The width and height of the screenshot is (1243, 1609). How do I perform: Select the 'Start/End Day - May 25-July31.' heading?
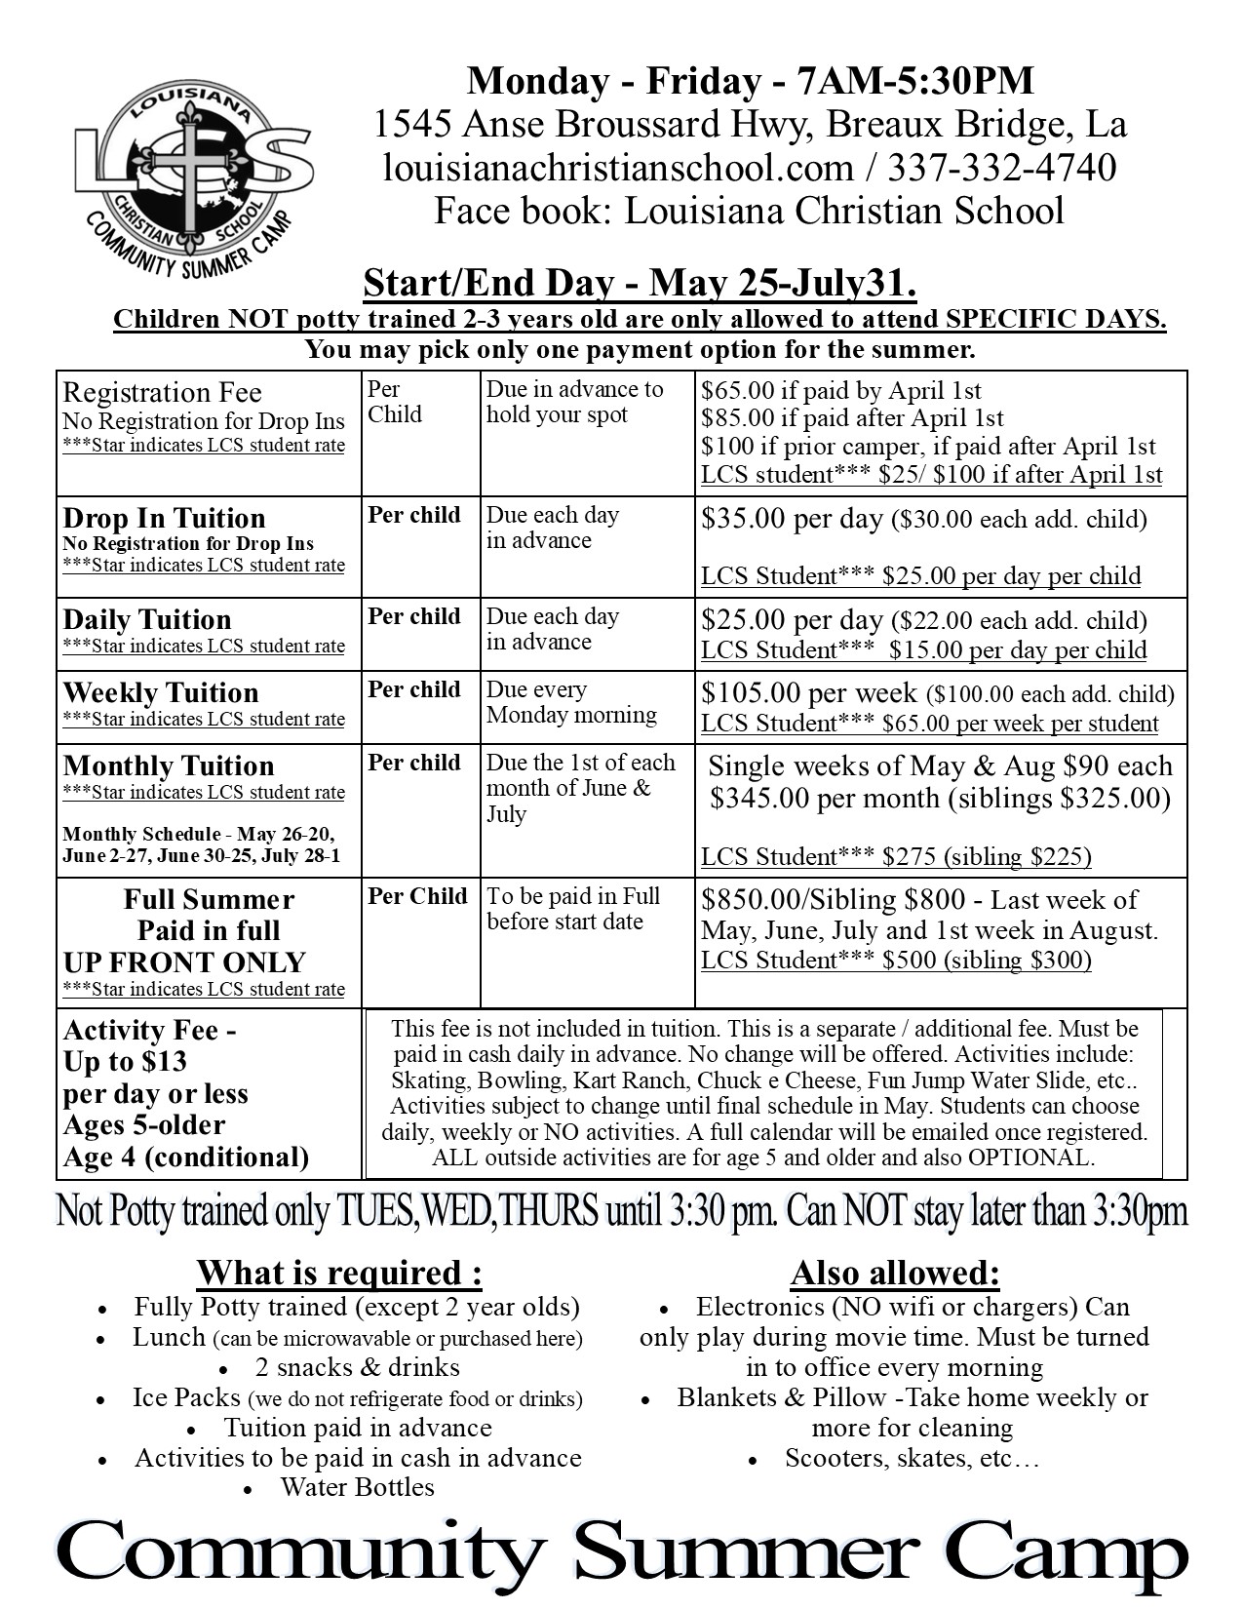point(640,284)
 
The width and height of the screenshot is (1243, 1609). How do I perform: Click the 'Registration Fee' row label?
point(162,393)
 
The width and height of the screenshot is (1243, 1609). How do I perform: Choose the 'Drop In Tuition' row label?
point(164,518)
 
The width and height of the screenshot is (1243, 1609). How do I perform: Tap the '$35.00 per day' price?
point(792,518)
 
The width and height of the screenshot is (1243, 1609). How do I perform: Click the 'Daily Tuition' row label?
point(147,620)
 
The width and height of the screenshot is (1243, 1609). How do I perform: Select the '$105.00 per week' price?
point(809,693)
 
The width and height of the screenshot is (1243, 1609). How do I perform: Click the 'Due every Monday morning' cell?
point(571,702)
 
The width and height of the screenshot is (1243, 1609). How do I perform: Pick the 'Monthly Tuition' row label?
point(169,765)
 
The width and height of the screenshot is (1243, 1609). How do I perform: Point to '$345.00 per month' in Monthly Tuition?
point(821,799)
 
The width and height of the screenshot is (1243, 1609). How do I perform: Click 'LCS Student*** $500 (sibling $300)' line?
point(896,961)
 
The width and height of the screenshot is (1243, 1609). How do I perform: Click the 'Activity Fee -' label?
point(149,1031)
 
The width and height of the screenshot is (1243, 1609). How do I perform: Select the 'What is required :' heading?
point(339,1273)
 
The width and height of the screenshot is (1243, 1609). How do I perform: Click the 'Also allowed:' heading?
point(895,1273)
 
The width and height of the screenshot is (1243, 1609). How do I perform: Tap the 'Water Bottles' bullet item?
point(357,1487)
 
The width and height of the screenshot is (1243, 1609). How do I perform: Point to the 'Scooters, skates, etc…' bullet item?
point(913,1459)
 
